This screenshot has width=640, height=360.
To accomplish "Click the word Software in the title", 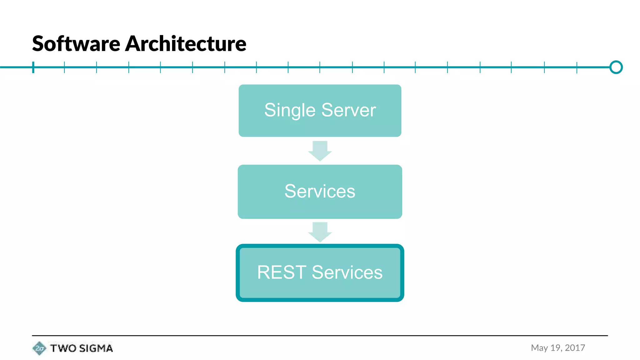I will tap(76, 44).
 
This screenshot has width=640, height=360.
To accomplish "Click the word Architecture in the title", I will tap(186, 44).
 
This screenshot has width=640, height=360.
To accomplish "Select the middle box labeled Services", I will tap(320, 192).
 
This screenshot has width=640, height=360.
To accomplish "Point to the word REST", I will tap(281, 272).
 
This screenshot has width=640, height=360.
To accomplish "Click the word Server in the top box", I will tap(348, 110).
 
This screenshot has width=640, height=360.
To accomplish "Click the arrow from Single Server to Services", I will tap(320, 151).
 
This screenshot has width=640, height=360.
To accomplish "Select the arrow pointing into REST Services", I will tap(320, 232).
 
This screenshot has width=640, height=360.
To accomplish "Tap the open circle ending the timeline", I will tap(616, 67).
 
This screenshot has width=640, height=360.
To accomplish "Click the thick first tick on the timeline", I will tap(33, 67).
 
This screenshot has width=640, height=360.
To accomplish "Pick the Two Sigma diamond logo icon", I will tap(39, 348).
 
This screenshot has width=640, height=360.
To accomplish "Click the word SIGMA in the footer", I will tap(96, 348).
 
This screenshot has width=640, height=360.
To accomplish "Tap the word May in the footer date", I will tap(539, 348).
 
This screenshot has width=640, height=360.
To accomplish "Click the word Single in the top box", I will tap(290, 111).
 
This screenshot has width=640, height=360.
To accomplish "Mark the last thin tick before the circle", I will tap(577, 67).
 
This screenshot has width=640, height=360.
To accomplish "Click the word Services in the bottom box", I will tap(347, 272).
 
